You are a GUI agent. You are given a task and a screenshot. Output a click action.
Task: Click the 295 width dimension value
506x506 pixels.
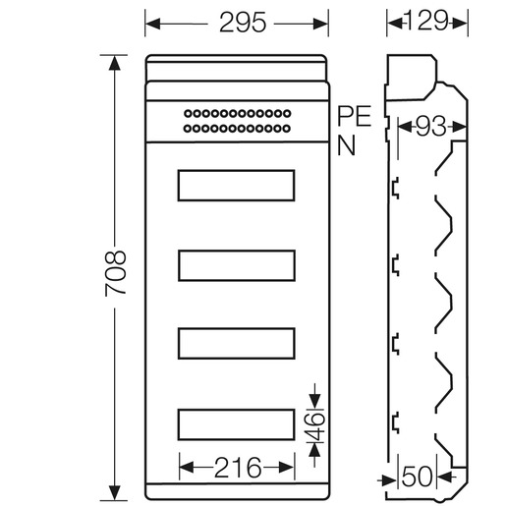point(243,23)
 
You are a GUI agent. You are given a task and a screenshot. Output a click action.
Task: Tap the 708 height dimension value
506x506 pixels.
point(116,273)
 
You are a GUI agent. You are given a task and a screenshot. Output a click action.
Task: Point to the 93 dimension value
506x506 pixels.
point(430,126)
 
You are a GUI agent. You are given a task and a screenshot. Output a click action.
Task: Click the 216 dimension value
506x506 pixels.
point(238,468)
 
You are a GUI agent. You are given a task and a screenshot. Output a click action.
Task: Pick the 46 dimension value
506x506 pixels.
point(314,426)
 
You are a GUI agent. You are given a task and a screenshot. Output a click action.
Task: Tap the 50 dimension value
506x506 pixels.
point(418,477)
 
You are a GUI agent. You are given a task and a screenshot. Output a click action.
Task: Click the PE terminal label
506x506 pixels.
point(355,116)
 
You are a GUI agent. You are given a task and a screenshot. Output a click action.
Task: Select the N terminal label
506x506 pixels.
point(346,145)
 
